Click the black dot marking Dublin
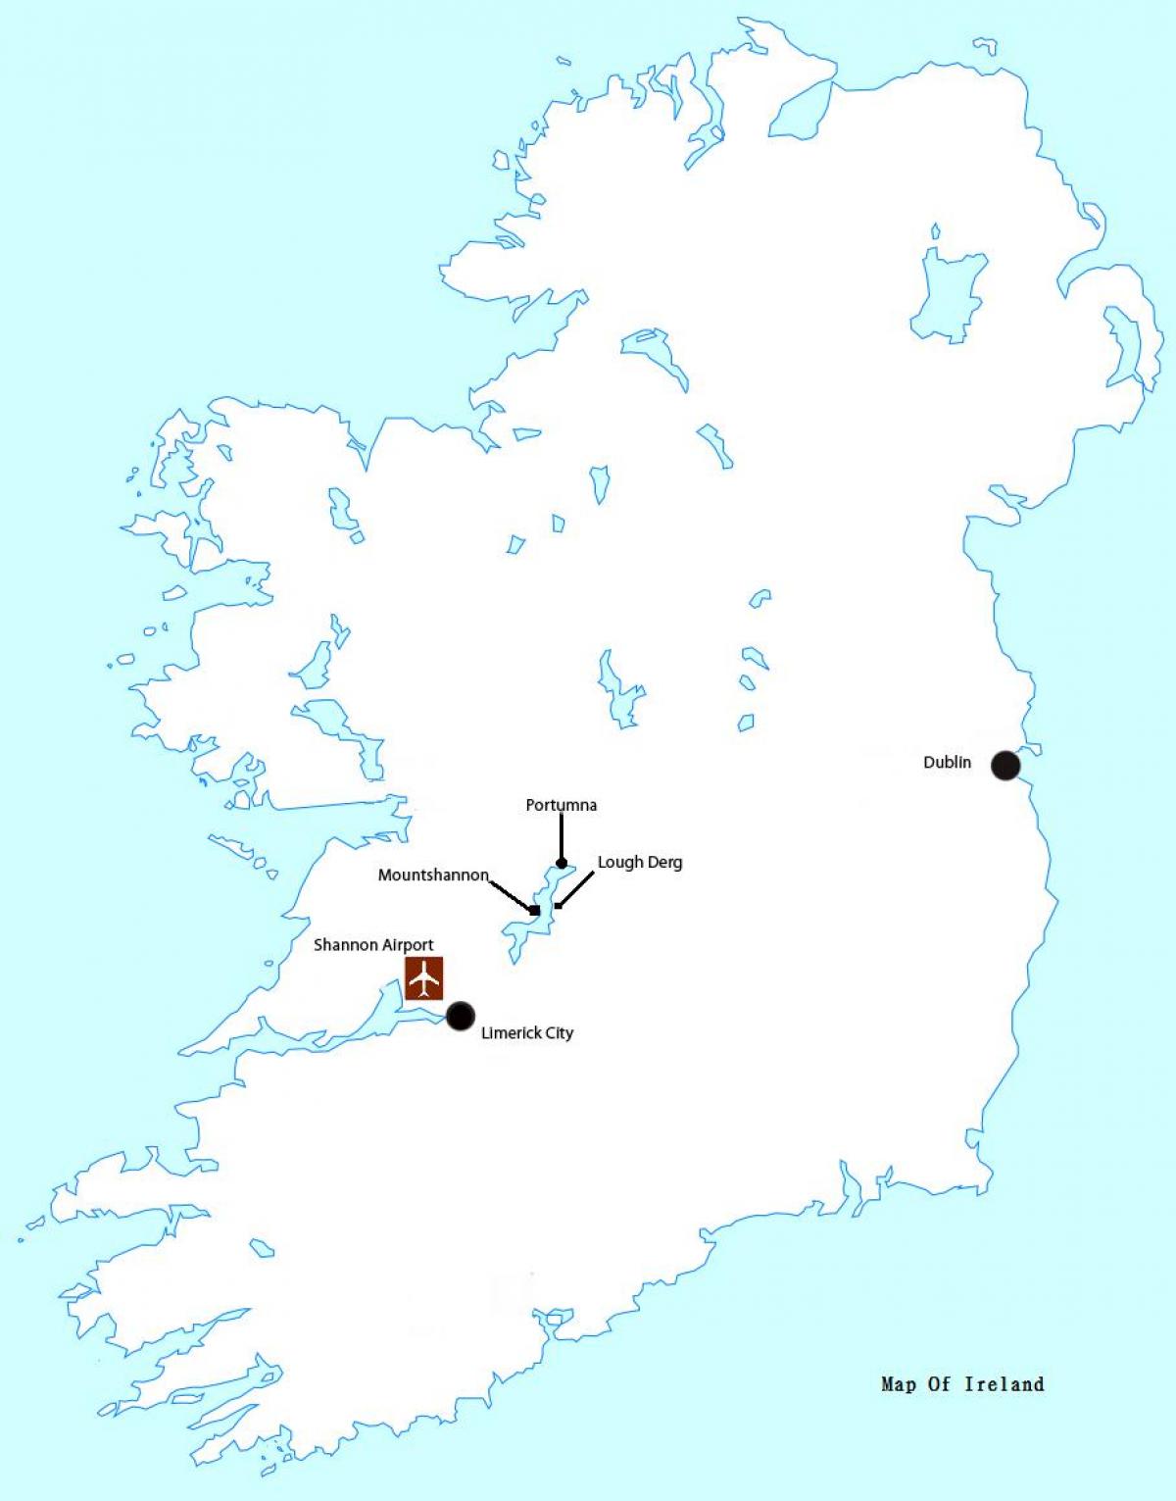pyautogui.click(x=1005, y=765)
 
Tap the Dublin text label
pyautogui.click(x=947, y=763)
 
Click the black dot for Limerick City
pyautogui.click(x=460, y=1016)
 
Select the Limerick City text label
pyautogui.click(x=526, y=1033)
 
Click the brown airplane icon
pyautogui.click(x=424, y=978)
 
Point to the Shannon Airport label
pyautogui.click(x=373, y=945)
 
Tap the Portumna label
pyautogui.click(x=561, y=806)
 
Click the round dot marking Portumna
pyautogui.click(x=562, y=864)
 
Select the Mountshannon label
pyautogui.click(x=433, y=876)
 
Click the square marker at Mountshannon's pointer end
pyautogui.click(x=534, y=911)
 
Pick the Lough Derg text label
pyautogui.click(x=640, y=863)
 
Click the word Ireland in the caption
pyautogui.click(x=1004, y=1384)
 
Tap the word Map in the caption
pyautogui.click(x=898, y=1384)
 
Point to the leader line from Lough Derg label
pyautogui.click(x=577, y=888)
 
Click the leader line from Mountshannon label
pyautogui.click(x=510, y=895)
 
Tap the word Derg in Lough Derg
pyautogui.click(x=665, y=863)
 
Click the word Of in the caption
pyautogui.click(x=940, y=1384)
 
